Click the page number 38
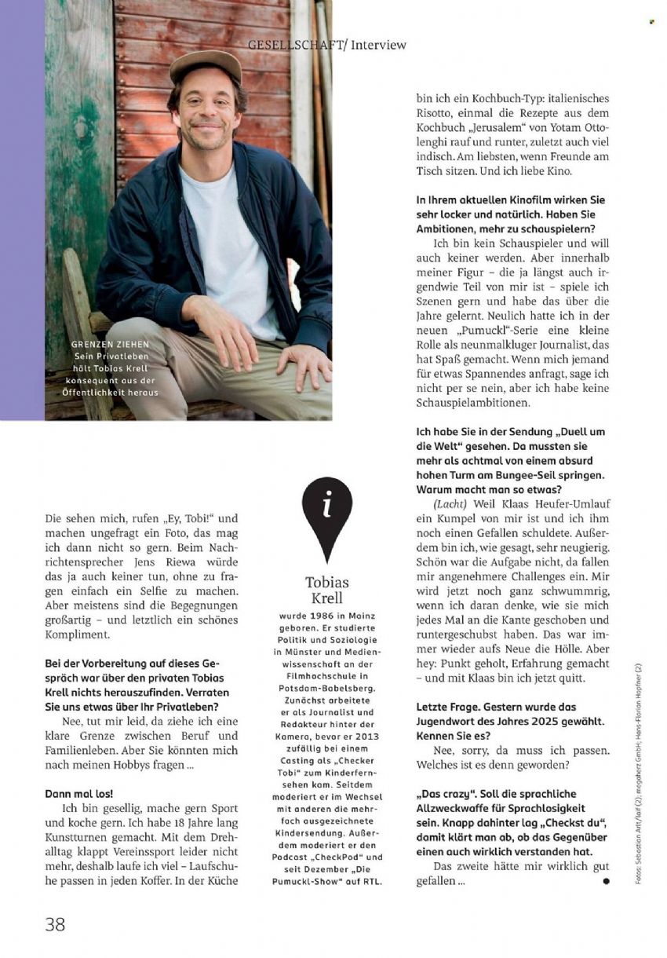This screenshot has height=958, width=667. [55, 923]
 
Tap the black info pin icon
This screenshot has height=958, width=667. [326, 514]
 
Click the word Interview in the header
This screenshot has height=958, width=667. [379, 45]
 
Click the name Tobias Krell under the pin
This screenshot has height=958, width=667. [326, 590]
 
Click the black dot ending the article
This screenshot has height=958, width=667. [606, 882]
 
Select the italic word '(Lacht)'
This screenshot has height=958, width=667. [450, 503]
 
